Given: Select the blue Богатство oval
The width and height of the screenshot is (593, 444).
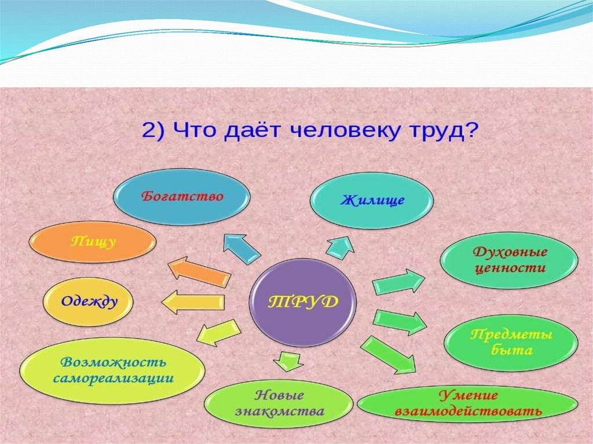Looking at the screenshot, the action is (181, 197).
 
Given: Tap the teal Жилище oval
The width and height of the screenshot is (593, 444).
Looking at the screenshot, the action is (372, 200).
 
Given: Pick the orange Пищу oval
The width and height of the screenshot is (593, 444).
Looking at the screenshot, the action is (93, 242).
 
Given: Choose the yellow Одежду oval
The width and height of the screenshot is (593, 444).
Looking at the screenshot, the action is (88, 302).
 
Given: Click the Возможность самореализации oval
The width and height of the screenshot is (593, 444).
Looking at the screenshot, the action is (112, 370).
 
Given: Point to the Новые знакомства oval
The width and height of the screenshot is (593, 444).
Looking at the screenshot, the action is (279, 403).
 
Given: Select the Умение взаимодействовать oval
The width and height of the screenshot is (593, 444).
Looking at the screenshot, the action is (467, 403).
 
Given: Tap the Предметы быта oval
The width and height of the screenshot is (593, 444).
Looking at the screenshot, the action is (511, 342).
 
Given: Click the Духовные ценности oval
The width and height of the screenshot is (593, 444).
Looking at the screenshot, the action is (509, 260).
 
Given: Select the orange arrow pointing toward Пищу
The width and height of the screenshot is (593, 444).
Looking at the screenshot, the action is (199, 272).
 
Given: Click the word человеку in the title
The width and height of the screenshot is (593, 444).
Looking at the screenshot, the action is (343, 131).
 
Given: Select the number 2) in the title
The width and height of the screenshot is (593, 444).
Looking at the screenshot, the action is (153, 131).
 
